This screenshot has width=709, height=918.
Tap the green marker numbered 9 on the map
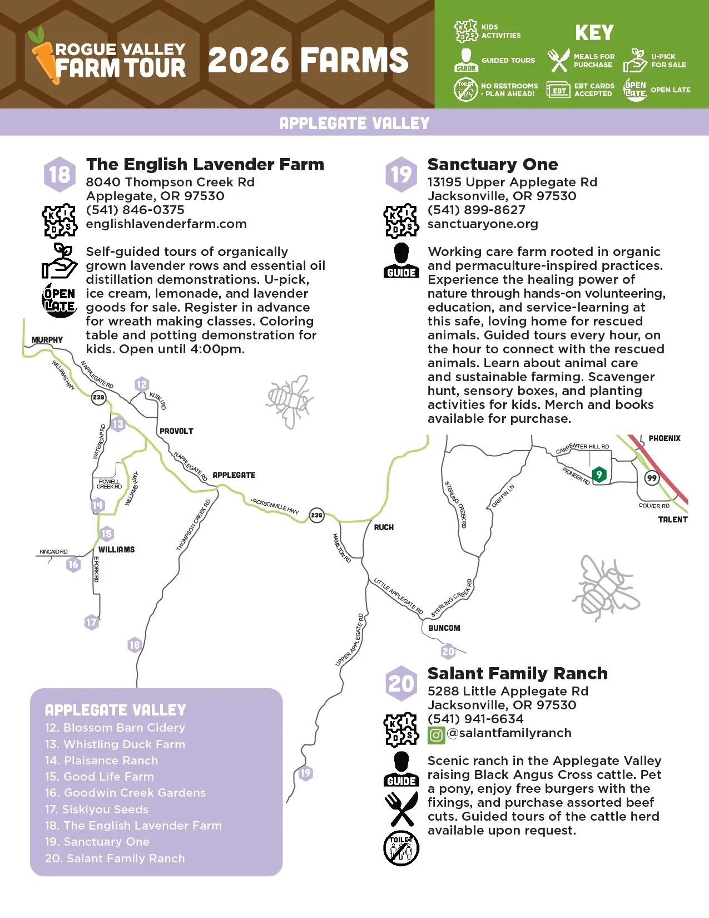coord(599,475)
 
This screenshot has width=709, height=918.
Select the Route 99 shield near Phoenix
coord(651,478)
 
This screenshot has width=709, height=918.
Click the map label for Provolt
coord(176,431)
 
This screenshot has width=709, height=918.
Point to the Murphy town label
coord(47,340)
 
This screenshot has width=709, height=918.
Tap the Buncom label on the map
coord(444,628)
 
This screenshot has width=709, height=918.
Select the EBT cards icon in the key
coord(558,90)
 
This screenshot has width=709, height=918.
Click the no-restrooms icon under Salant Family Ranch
coord(401,848)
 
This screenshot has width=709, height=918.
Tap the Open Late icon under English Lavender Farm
coord(60,300)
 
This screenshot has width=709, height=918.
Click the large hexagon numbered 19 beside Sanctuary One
coord(401,174)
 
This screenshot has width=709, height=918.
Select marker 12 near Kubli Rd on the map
coord(142,384)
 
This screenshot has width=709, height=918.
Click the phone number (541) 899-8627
coord(476,210)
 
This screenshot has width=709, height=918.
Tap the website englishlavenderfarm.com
coord(166,224)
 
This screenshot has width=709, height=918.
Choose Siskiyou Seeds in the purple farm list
coord(97,810)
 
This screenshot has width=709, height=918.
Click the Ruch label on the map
coord(384,527)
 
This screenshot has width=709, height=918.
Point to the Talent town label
coord(673,520)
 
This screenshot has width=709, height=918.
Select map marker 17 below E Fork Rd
coord(91,622)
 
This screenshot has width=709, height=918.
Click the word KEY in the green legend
coord(594,33)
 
